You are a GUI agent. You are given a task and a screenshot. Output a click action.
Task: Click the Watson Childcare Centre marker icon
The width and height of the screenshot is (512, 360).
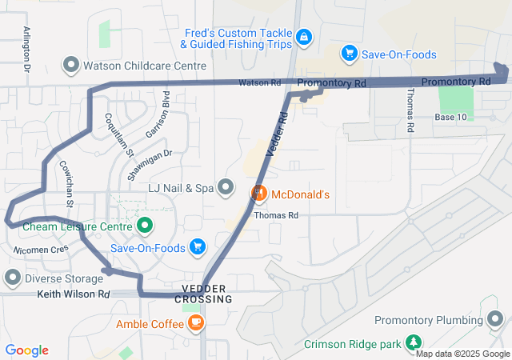click(x=71, y=64)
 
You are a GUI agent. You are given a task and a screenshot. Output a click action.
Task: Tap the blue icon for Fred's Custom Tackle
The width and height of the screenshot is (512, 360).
click(x=304, y=37)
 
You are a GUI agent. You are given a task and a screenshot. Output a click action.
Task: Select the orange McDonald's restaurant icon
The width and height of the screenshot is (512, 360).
click(x=259, y=194)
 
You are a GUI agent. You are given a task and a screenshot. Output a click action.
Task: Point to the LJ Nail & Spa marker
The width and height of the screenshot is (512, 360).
click(x=226, y=188)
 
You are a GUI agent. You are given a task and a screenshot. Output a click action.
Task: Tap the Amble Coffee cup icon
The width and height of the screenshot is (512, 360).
click(x=196, y=323)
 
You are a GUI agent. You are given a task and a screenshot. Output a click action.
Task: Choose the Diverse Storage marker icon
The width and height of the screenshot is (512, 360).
click(x=13, y=278)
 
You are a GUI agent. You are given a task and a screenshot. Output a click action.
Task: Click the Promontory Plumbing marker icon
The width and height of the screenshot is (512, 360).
click(x=495, y=321)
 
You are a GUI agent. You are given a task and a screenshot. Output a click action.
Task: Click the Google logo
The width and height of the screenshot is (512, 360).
click(x=27, y=350)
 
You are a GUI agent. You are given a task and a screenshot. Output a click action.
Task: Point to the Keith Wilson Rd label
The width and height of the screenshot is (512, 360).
click(x=73, y=294)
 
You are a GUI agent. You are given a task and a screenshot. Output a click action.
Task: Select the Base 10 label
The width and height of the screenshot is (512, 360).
click(x=450, y=118)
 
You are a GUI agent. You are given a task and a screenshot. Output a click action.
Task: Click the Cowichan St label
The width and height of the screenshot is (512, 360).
click(x=66, y=183)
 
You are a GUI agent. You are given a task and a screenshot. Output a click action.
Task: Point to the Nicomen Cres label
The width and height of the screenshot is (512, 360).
click(x=42, y=250)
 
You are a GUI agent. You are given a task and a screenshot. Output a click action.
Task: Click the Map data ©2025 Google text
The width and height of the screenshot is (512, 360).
click(x=462, y=354)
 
